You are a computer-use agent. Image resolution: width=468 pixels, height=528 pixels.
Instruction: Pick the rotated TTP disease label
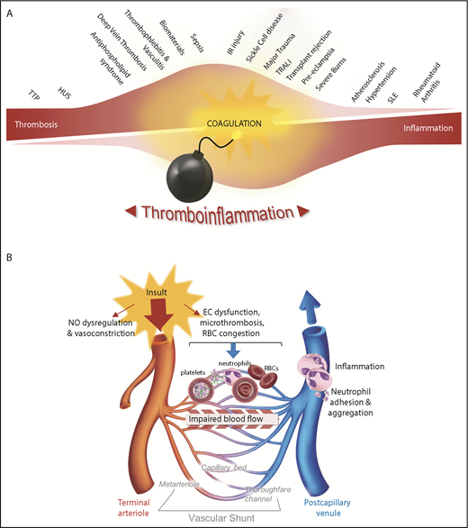(36, 94)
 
